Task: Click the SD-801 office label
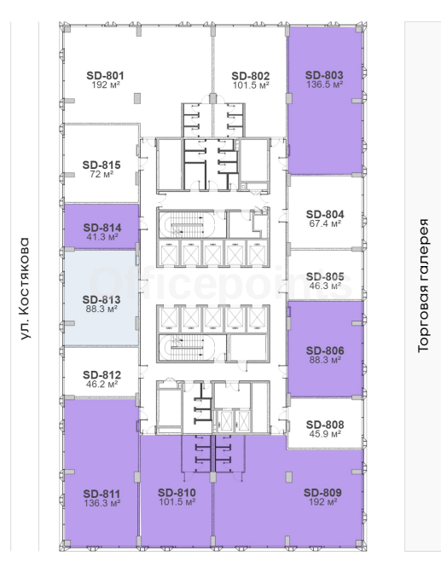(105, 76)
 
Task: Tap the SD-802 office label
(251, 76)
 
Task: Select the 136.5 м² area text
(324, 84)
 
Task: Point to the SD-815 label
(102, 165)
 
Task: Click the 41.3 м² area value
(102, 237)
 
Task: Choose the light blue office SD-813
(102, 298)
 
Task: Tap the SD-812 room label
(102, 375)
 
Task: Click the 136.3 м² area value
(102, 503)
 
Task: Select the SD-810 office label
(177, 493)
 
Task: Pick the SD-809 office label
(322, 493)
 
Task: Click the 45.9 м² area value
(325, 434)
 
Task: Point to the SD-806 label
(325, 350)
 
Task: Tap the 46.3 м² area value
(325, 286)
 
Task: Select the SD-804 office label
(325, 215)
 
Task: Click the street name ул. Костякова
(24, 289)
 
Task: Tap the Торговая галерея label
(423, 286)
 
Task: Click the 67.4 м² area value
(325, 223)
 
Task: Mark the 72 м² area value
(102, 174)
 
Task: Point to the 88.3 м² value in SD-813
(102, 310)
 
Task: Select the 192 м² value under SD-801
(106, 84)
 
